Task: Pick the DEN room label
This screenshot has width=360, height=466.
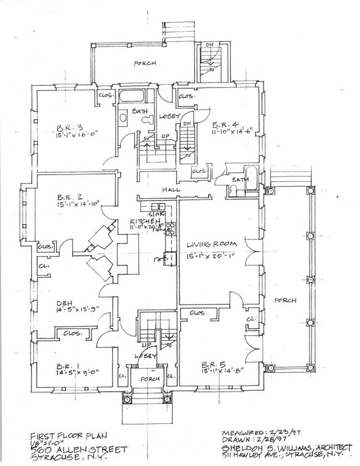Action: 64,303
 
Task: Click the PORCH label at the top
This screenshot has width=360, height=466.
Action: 145,64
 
